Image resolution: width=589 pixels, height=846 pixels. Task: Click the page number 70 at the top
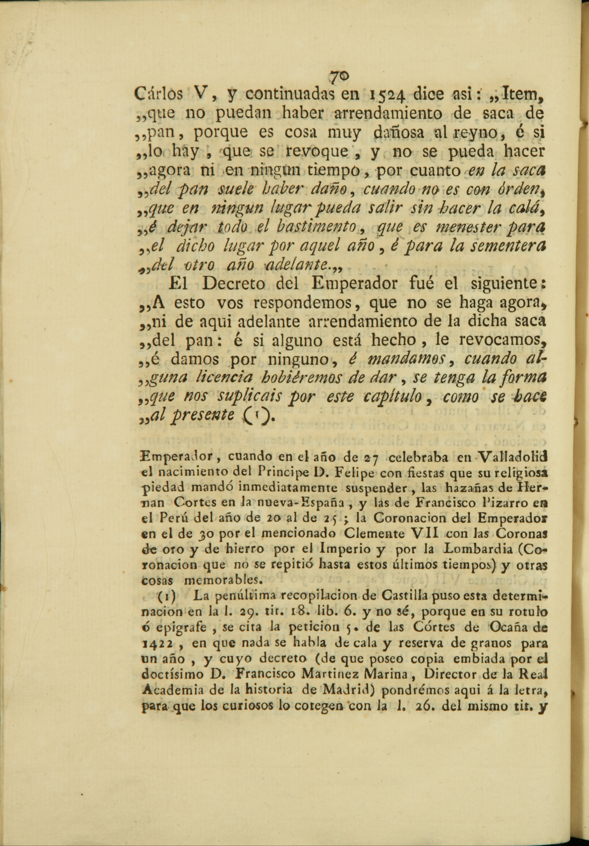pos(339,76)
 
